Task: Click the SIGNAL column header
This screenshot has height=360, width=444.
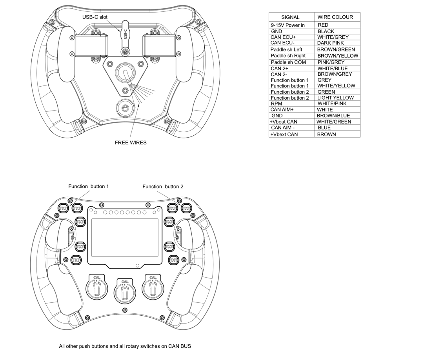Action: pos(290,17)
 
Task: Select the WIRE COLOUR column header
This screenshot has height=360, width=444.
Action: pos(335,17)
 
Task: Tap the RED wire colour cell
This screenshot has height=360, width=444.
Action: pos(323,25)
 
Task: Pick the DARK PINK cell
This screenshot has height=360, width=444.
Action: pos(330,43)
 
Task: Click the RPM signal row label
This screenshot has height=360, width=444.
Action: pos(277,104)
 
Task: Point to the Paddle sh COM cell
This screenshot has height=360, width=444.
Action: pos(288,62)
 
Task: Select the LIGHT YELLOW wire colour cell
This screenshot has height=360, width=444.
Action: pos(335,98)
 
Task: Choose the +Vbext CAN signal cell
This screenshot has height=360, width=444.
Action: pos(284,134)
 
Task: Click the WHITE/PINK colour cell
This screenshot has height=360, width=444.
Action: pos(332,104)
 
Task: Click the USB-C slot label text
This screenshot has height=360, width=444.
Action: pos(95,17)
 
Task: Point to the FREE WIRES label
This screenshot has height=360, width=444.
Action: pos(131,143)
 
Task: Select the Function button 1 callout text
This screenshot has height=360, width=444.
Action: pos(89,187)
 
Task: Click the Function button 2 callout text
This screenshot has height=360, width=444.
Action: pos(163,187)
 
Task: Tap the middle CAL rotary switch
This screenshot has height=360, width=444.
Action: pos(125,291)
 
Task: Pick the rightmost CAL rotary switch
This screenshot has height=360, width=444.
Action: pos(153,287)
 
